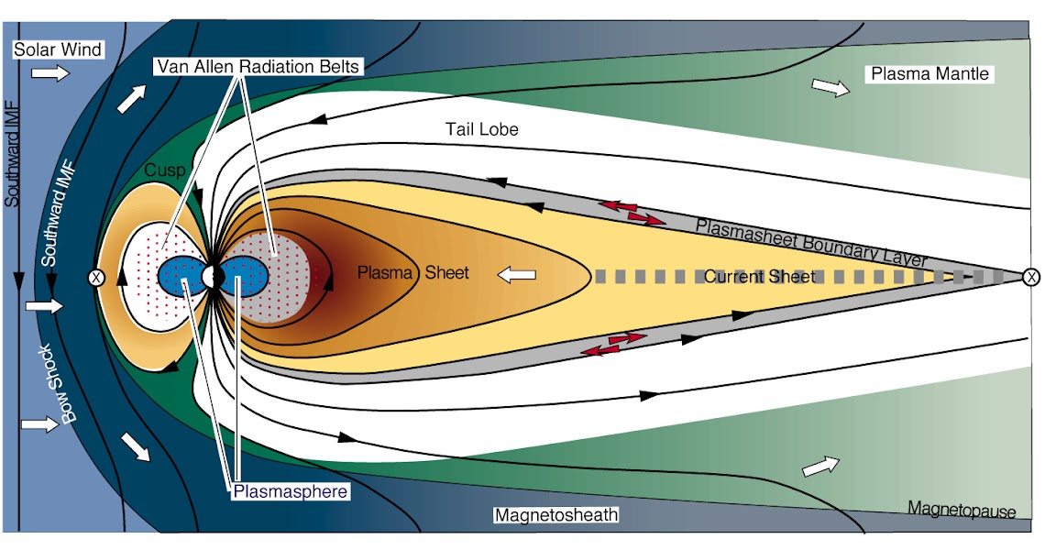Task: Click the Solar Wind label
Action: pyautogui.click(x=57, y=49)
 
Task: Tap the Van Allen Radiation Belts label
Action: pyautogui.click(x=256, y=67)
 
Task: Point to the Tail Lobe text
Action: pyautogui.click(x=482, y=129)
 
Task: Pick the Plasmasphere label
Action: pyautogui.click(x=290, y=492)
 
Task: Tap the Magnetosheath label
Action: pyautogui.click(x=556, y=515)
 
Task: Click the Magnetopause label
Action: pyautogui.click(x=962, y=509)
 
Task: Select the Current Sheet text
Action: pyautogui.click(x=759, y=275)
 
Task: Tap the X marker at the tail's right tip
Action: pyautogui.click(x=1031, y=276)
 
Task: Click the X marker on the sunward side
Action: pyautogui.click(x=94, y=276)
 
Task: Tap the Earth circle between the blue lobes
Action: pyautogui.click(x=213, y=276)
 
